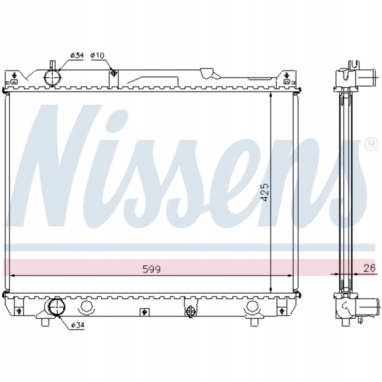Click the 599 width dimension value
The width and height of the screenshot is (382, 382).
click(x=151, y=269)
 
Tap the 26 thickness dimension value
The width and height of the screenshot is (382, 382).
click(x=370, y=268)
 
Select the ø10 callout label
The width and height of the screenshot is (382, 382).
click(x=97, y=55)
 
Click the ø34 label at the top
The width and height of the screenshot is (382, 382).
click(x=77, y=55)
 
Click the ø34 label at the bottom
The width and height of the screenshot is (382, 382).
click(x=78, y=325)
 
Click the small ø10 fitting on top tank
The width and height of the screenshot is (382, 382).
click(x=113, y=72)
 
